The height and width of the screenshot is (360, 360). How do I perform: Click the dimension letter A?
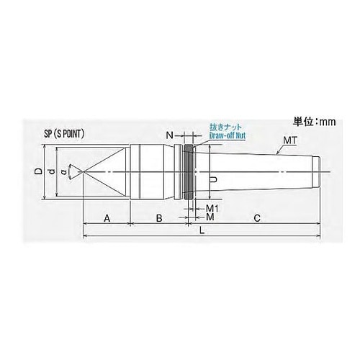(107, 216)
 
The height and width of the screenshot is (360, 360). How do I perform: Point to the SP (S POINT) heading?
(69, 134)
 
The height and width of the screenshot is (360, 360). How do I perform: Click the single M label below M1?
(210, 216)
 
